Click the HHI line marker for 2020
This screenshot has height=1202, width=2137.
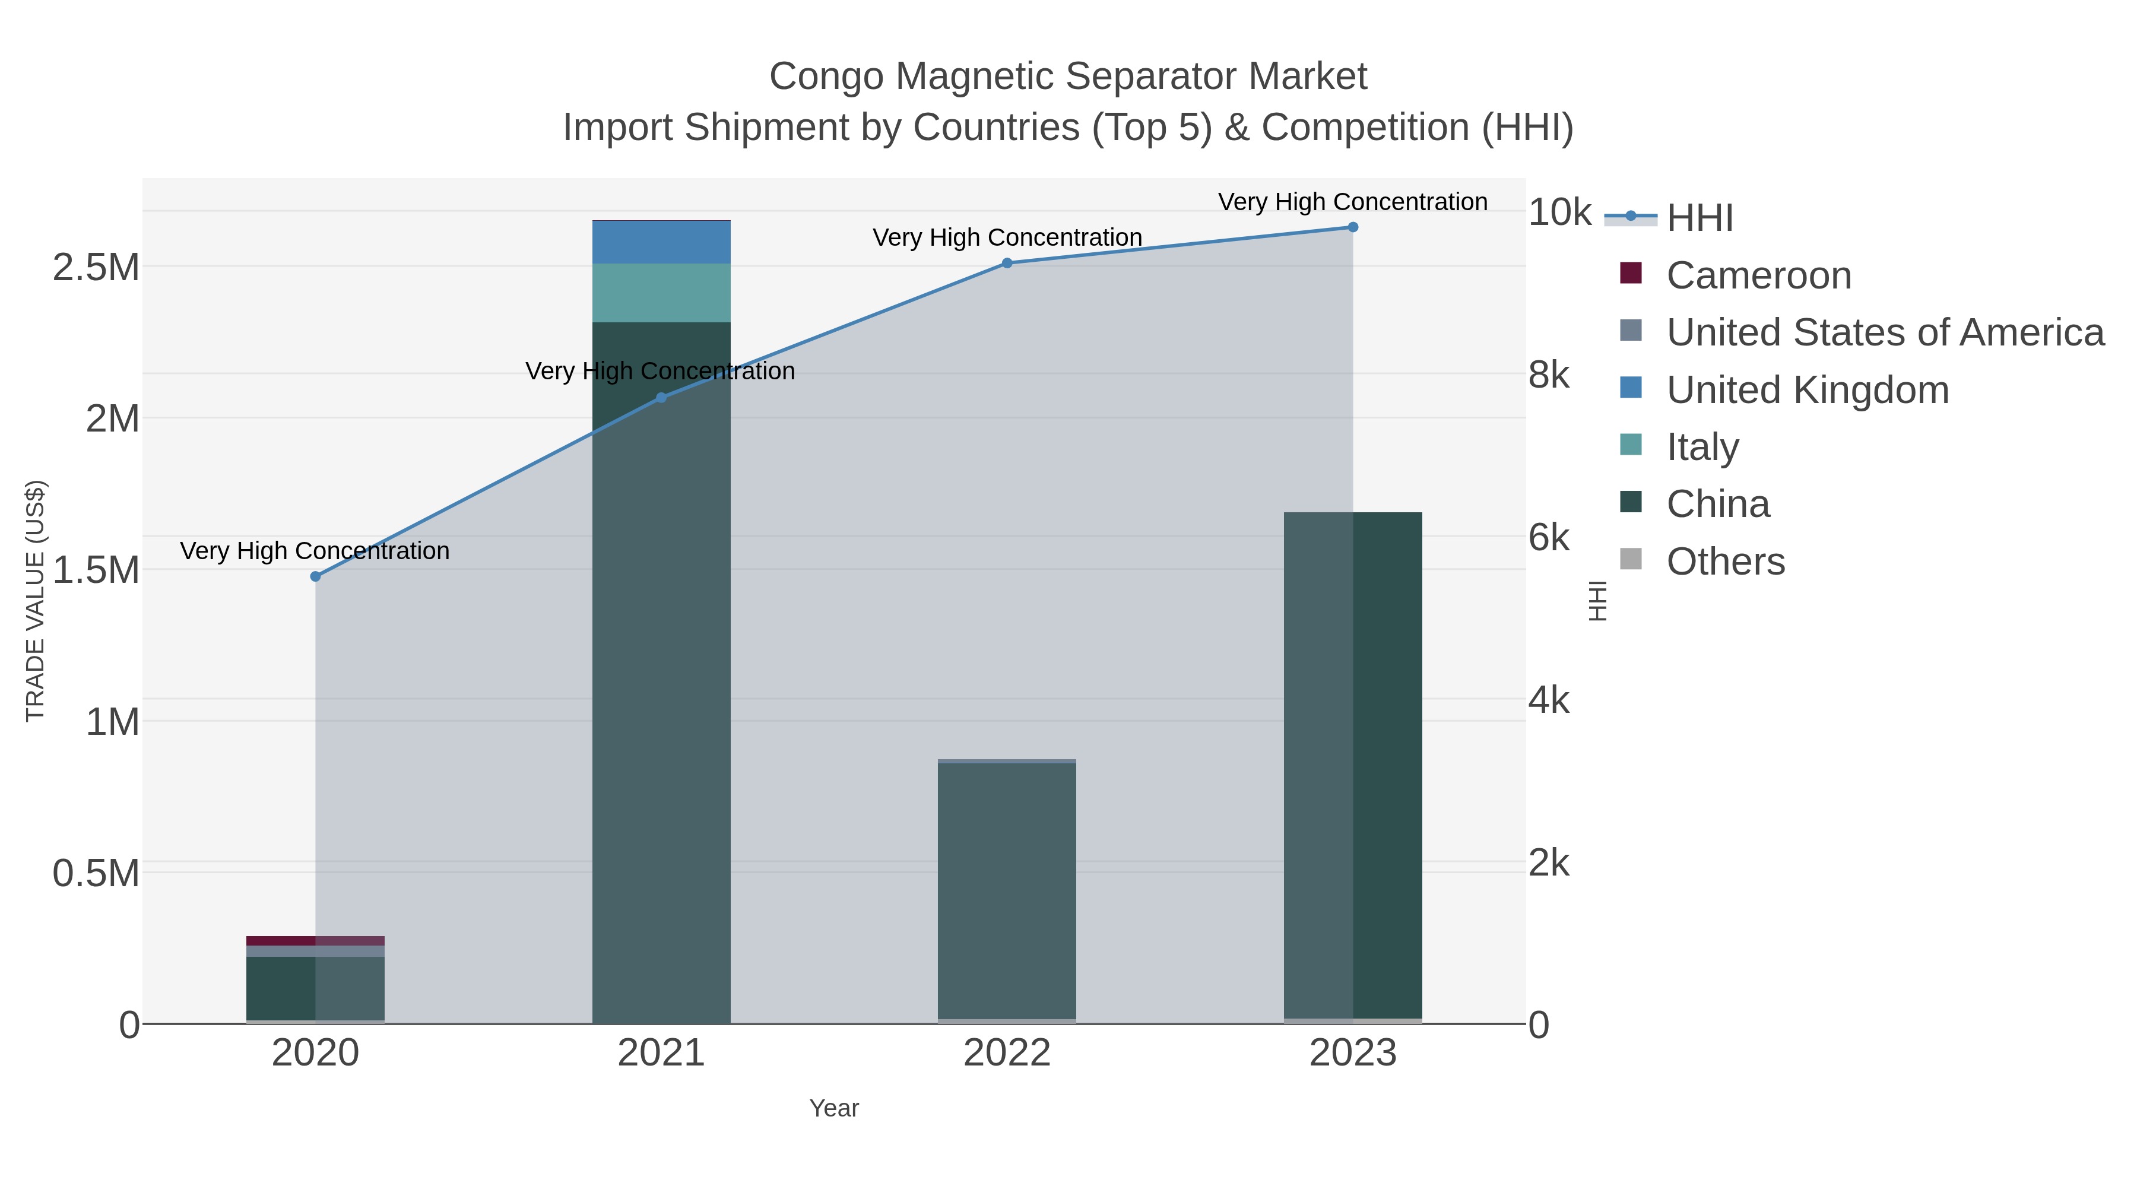[315, 576]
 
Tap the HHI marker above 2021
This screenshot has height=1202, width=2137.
[661, 398]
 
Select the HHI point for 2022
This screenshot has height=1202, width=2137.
[1007, 263]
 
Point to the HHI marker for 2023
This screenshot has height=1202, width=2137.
[1353, 227]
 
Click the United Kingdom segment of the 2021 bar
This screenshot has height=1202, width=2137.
[661, 242]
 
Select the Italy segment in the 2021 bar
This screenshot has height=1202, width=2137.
[661, 293]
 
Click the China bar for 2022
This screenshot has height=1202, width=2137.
[1007, 892]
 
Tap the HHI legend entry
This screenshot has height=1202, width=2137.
[1699, 217]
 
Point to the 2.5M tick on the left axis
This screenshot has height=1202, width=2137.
[96, 268]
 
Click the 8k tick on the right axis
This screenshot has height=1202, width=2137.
[1549, 375]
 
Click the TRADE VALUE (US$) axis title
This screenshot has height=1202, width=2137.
[35, 601]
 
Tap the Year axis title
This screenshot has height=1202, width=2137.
[834, 1108]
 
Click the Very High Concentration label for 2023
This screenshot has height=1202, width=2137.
[1352, 202]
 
